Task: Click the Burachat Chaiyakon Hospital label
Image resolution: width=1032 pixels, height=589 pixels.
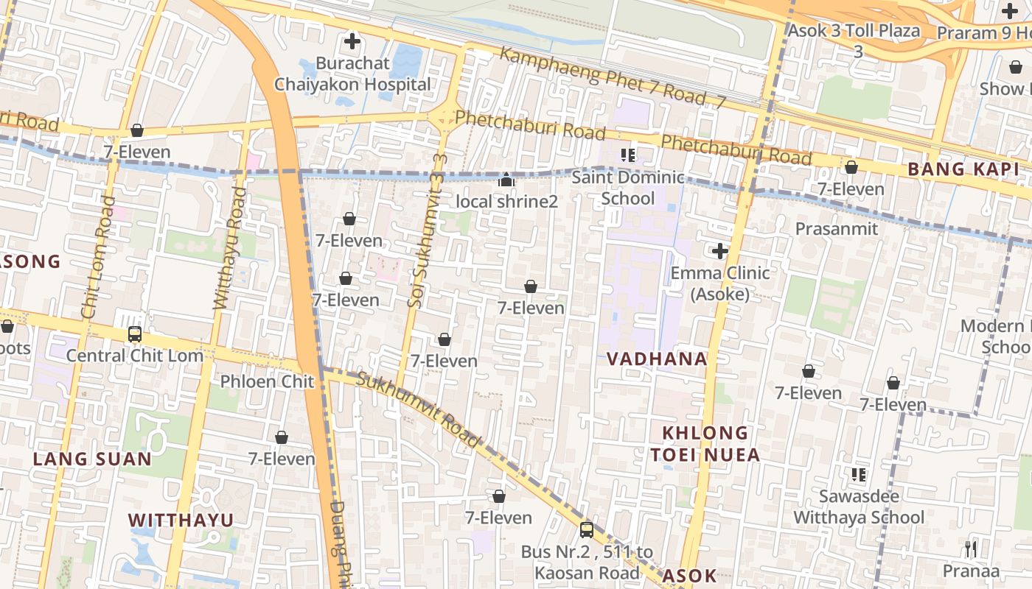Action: (352, 74)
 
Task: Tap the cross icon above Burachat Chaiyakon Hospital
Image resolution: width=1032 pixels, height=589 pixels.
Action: (352, 41)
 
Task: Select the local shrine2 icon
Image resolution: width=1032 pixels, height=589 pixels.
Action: (506, 180)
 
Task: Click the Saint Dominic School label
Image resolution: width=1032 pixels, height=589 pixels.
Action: (628, 188)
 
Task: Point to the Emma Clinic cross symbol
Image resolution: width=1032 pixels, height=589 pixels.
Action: (719, 251)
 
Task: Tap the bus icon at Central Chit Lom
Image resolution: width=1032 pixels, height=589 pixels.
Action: (135, 334)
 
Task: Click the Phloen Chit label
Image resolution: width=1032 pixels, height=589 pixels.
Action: (268, 381)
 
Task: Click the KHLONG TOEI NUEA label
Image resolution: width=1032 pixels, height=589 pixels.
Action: (705, 443)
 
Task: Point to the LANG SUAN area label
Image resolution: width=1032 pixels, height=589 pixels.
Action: (92, 459)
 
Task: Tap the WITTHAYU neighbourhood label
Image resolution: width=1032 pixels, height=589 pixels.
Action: (181, 520)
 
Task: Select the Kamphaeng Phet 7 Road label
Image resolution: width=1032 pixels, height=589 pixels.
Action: (612, 77)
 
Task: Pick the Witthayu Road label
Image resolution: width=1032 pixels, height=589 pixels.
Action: (229, 247)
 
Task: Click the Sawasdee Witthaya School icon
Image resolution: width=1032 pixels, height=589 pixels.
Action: (858, 475)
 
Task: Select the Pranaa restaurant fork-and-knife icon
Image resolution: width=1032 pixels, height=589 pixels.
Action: (971, 549)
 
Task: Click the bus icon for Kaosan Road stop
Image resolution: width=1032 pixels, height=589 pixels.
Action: (587, 529)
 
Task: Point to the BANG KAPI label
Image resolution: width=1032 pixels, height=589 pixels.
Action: (963, 169)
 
